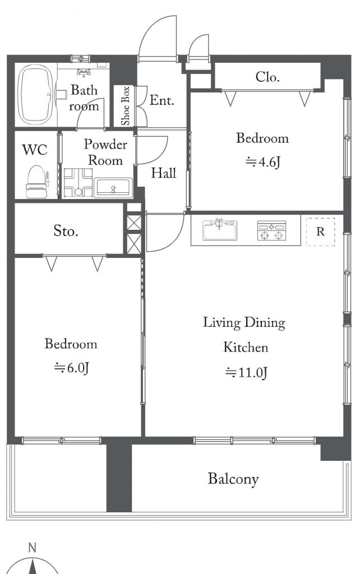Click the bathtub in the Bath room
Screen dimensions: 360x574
point(35,94)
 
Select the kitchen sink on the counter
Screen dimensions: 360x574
point(220,229)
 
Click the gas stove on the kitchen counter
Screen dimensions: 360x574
point(271,230)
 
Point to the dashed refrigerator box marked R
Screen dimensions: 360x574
point(320,232)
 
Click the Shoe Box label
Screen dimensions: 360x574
point(126,106)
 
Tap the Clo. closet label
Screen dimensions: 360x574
point(267,77)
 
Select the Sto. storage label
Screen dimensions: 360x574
point(66,230)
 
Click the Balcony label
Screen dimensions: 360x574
point(233,479)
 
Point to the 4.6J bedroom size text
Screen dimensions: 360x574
point(262,162)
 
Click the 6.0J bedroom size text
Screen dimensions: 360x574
point(72,368)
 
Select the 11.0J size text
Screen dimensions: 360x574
point(246,373)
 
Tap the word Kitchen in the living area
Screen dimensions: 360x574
point(246,346)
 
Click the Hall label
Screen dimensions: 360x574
point(164,173)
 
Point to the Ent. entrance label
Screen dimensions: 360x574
point(161,100)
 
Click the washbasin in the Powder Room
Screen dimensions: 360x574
point(113,188)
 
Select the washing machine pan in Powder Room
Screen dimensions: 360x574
point(78,182)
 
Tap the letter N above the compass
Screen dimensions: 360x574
point(33,548)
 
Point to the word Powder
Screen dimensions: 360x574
point(105,144)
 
